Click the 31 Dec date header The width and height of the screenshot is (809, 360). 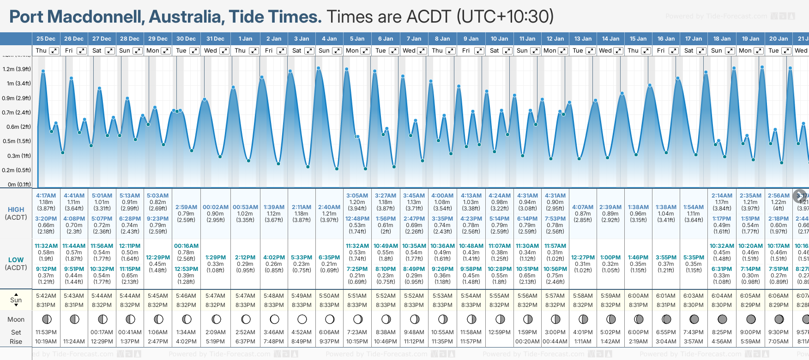(x=215, y=39)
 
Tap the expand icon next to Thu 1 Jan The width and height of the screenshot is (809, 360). (x=254, y=51)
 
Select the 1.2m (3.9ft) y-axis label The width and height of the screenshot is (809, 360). (x=17, y=69)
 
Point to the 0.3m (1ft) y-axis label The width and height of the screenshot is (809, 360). (x=17, y=156)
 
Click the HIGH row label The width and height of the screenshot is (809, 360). (x=16, y=210)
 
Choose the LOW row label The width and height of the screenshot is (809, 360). (x=16, y=260)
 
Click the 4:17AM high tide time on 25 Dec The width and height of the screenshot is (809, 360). (x=46, y=196)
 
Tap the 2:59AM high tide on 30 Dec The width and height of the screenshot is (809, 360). (x=186, y=207)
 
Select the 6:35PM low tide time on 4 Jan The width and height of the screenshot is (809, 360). (x=329, y=258)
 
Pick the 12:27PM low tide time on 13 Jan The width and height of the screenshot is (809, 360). (x=583, y=258)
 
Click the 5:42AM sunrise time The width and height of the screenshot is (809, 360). (x=46, y=296)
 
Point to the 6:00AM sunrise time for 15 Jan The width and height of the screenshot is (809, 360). (x=638, y=296)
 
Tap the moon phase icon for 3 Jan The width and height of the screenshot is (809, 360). (x=302, y=319)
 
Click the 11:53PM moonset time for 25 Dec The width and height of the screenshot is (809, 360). (x=46, y=332)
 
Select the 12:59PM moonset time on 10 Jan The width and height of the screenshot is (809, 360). (x=500, y=332)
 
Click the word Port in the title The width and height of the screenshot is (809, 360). (x=26, y=17)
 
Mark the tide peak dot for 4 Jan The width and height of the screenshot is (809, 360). (x=319, y=68)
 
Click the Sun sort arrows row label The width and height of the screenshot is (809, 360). (x=16, y=300)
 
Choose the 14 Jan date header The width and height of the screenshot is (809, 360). (x=610, y=39)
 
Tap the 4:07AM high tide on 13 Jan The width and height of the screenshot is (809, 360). (x=583, y=207)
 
